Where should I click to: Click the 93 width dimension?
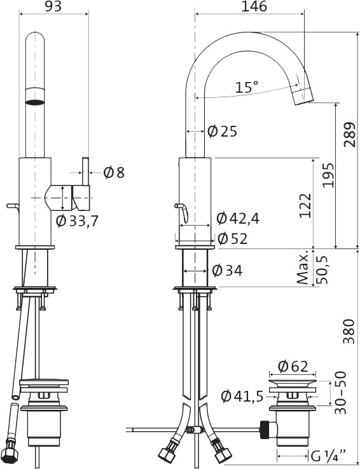tap(53, 6)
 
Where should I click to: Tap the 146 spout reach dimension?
tap(254, 6)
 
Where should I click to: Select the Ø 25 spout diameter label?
tap(222, 132)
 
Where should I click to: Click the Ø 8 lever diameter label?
tap(114, 173)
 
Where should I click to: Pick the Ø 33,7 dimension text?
tap(77, 221)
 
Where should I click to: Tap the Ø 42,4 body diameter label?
tap(238, 219)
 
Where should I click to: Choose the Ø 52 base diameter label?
tap(233, 238)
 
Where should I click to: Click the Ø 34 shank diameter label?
tap(227, 270)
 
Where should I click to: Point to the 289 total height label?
tap(349, 134)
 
